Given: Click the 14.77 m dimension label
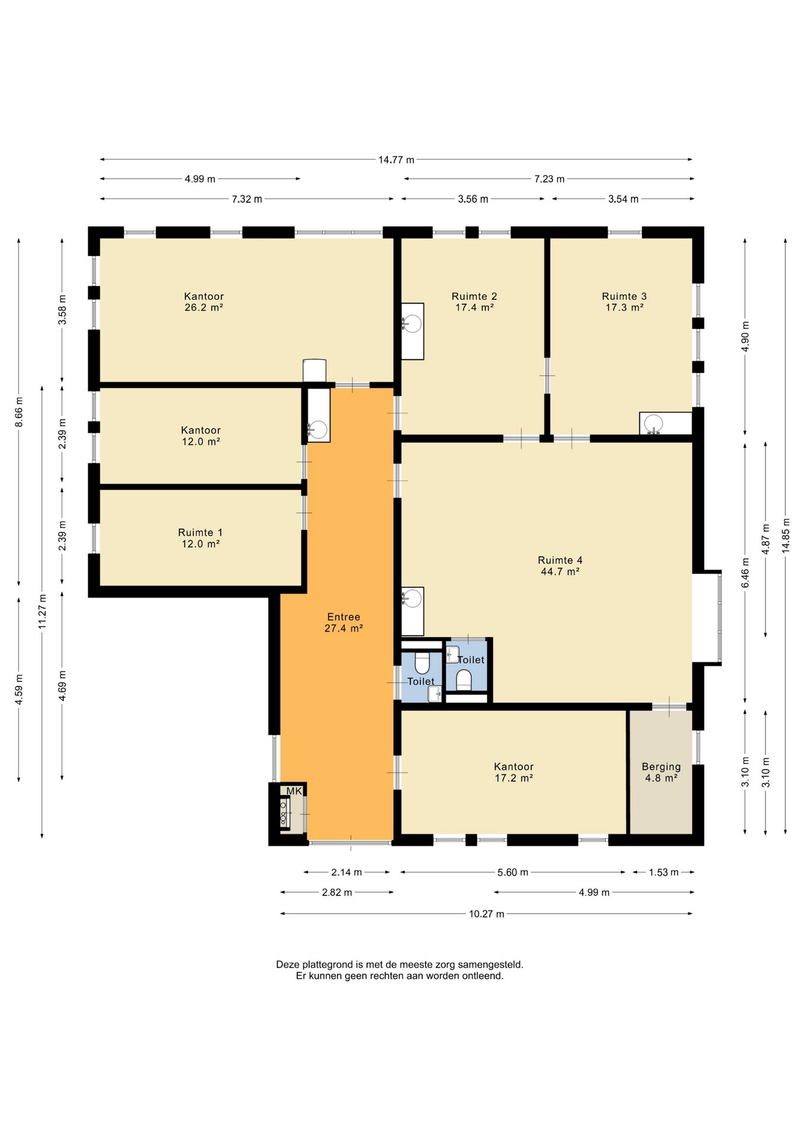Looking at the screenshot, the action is click(x=396, y=159).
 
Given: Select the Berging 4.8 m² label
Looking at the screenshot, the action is click(x=661, y=772).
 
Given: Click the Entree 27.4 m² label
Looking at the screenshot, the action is click(x=343, y=622).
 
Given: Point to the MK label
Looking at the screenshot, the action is click(x=294, y=791).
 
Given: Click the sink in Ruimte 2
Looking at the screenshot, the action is click(x=413, y=331).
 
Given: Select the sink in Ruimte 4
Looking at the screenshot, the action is click(x=413, y=611).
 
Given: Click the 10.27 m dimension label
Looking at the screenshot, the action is click(x=487, y=914).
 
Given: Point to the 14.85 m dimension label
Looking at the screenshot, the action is click(x=786, y=536).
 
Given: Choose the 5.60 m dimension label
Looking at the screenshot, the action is click(x=513, y=872).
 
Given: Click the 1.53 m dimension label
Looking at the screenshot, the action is click(x=664, y=872).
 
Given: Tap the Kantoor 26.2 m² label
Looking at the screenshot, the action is click(x=204, y=301).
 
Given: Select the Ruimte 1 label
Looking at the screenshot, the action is click(x=200, y=532).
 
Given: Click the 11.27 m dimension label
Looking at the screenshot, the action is click(x=42, y=612).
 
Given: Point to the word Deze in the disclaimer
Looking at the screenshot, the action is click(x=287, y=965).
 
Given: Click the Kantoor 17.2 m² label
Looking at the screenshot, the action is click(x=514, y=772).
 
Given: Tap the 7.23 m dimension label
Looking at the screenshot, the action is click(x=549, y=179).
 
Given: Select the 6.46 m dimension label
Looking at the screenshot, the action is click(x=745, y=573).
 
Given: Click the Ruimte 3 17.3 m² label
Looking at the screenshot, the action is click(x=624, y=301).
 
